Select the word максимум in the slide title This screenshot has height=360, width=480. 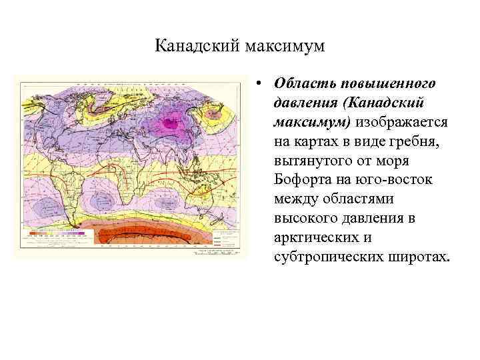point(285,47)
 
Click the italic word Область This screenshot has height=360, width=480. point(305,85)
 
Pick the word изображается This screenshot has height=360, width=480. point(405,123)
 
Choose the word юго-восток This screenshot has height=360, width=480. point(398,181)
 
